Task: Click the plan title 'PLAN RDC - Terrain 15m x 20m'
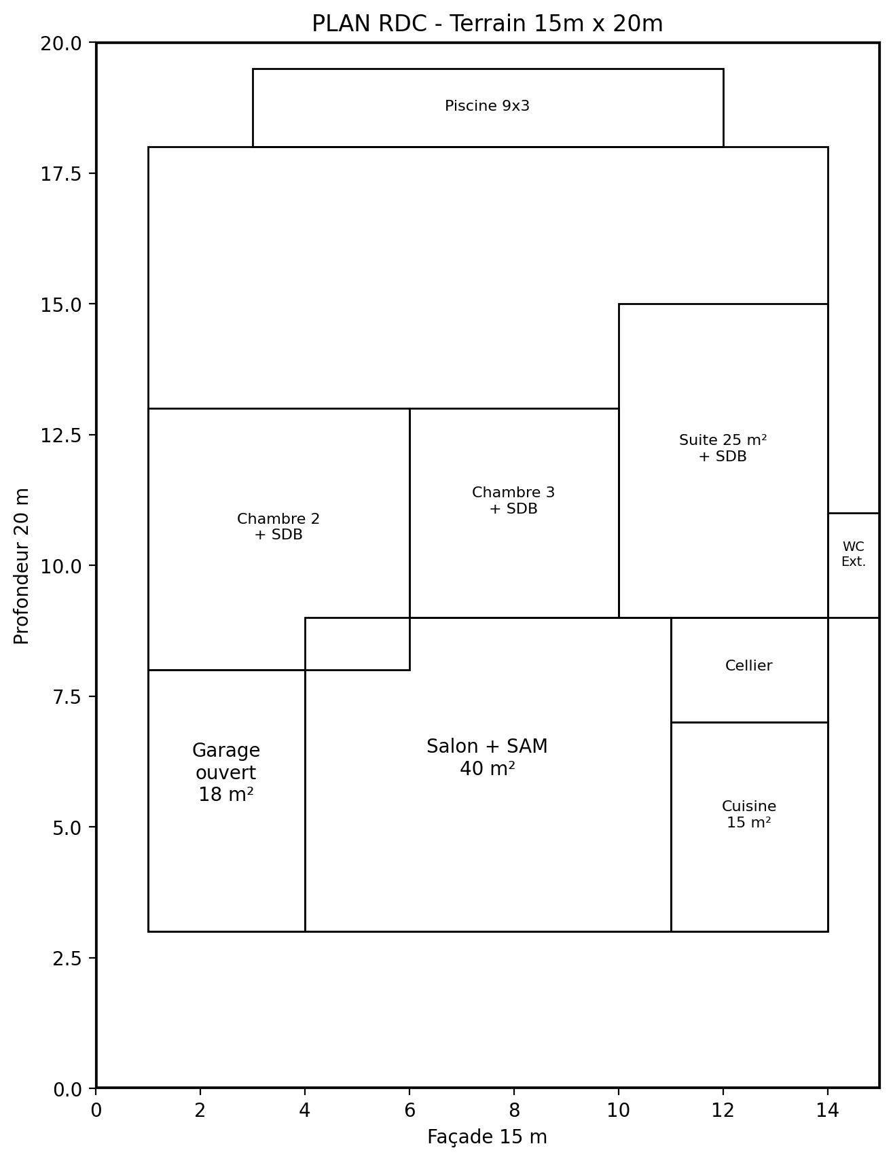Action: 487,24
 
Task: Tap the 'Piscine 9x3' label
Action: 487,106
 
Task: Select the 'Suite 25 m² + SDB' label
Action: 723,448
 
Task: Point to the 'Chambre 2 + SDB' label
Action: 278,526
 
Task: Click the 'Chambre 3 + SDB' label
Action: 513,501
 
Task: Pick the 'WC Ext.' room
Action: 854,565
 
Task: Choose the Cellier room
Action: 749,670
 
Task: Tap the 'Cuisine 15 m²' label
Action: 749,814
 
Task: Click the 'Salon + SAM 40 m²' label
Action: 487,757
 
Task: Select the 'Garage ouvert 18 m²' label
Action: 226,772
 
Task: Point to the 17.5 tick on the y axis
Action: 93,173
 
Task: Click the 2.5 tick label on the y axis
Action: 67,958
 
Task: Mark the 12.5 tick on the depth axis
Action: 93,435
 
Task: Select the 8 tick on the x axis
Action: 514,1092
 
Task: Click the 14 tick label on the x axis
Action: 828,1111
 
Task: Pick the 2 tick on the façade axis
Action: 200,1092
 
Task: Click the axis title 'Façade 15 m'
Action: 487,1137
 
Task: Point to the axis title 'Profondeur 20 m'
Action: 22,565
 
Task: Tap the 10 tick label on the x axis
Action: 619,1111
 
